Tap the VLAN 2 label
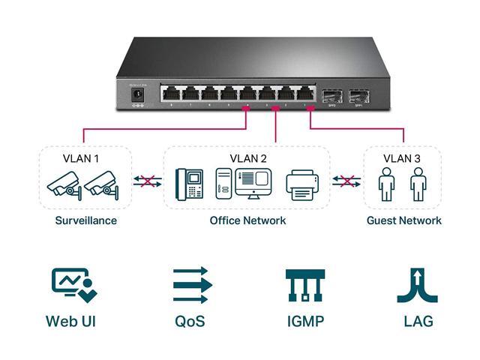248,158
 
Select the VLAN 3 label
402,158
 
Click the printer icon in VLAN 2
302,184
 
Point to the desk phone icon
189,184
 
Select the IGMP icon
305,285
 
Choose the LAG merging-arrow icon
417,285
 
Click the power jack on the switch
137,94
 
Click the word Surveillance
85,220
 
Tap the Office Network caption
247,220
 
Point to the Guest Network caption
403,220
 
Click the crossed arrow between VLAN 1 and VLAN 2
148,181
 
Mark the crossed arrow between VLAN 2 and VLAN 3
346,181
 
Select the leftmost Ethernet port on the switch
171,94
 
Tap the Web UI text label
70,322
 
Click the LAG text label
418,322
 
